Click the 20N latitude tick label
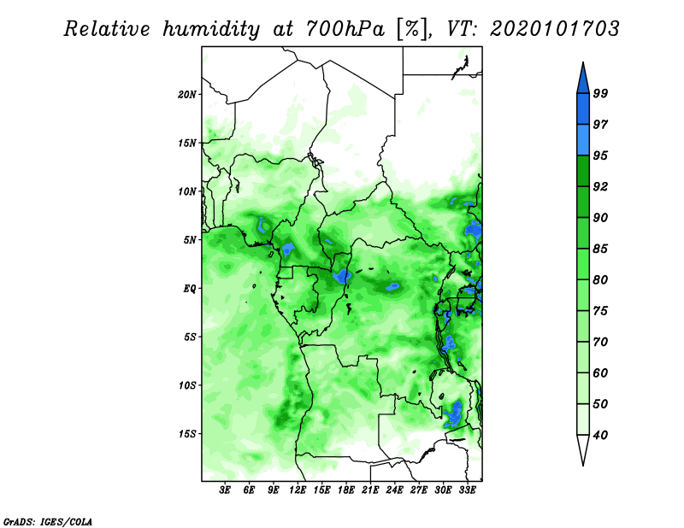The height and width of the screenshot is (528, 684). [x=187, y=95]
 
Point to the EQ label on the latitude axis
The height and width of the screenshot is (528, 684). [x=190, y=289]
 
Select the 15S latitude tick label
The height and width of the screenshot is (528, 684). [x=187, y=434]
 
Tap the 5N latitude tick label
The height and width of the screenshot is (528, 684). [x=190, y=240]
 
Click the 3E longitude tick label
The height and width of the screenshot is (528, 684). [x=225, y=490]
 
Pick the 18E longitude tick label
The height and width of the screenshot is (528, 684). [x=346, y=490]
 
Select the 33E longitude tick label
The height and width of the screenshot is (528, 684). [x=467, y=490]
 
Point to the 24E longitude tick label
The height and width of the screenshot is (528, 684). [x=394, y=490]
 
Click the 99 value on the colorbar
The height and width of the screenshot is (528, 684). [x=600, y=93]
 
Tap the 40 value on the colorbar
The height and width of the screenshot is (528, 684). [x=600, y=435]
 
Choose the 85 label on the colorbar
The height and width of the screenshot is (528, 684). [x=600, y=249]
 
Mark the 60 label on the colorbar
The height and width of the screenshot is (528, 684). [x=600, y=373]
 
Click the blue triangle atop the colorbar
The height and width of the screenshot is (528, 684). [x=583, y=80]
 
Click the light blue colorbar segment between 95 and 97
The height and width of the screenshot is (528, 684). [x=583, y=140]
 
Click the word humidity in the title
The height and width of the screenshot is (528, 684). [x=211, y=30]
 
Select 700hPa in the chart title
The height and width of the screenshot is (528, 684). [x=345, y=29]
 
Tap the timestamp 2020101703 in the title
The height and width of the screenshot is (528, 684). [x=554, y=29]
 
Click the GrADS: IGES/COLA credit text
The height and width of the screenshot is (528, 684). [x=48, y=521]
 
